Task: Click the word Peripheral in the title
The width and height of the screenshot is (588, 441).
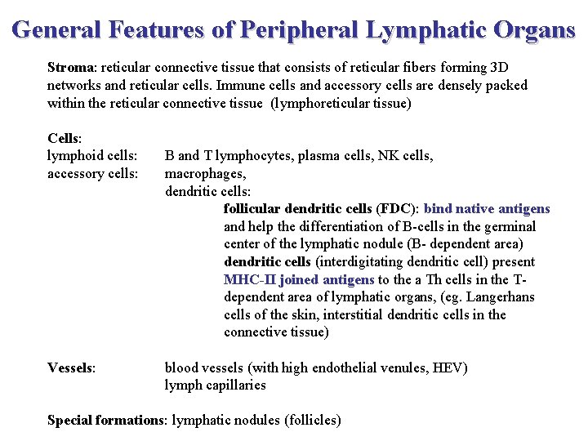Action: point(300,30)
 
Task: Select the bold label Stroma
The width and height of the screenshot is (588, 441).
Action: point(71,67)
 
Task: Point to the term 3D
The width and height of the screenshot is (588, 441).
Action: point(498,67)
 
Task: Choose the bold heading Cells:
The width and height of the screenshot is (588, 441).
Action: point(64,138)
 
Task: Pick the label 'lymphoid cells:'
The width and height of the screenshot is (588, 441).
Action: point(91,155)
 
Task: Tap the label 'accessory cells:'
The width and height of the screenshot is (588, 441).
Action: point(92,173)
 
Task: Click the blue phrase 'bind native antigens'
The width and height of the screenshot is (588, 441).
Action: point(487,209)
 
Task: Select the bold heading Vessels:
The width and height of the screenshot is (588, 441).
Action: point(72,367)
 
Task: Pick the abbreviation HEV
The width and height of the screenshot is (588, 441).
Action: point(450,367)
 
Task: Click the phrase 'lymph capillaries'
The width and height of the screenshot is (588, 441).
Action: point(215,385)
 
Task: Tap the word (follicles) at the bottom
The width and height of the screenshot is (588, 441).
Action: point(313,420)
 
